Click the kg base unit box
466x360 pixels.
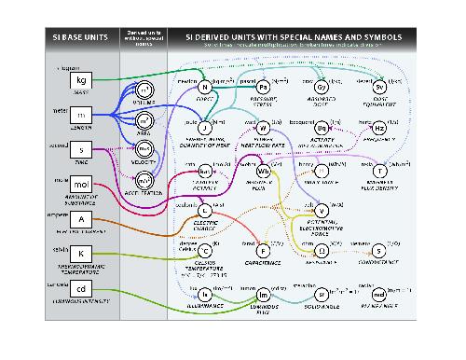80,81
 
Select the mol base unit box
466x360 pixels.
80,187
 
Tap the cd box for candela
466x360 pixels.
80,289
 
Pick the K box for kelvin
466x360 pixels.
80,254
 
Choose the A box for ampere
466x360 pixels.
80,220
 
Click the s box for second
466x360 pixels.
80,149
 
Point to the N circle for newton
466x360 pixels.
204,88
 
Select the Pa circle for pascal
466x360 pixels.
263,88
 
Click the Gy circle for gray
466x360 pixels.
321,88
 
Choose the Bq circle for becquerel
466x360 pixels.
321,128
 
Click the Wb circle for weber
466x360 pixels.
263,172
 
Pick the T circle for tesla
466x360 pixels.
379,172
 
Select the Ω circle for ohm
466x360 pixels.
321,250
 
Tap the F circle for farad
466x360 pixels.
263,250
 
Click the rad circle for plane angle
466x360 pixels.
379,294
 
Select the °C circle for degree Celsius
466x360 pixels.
204,250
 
